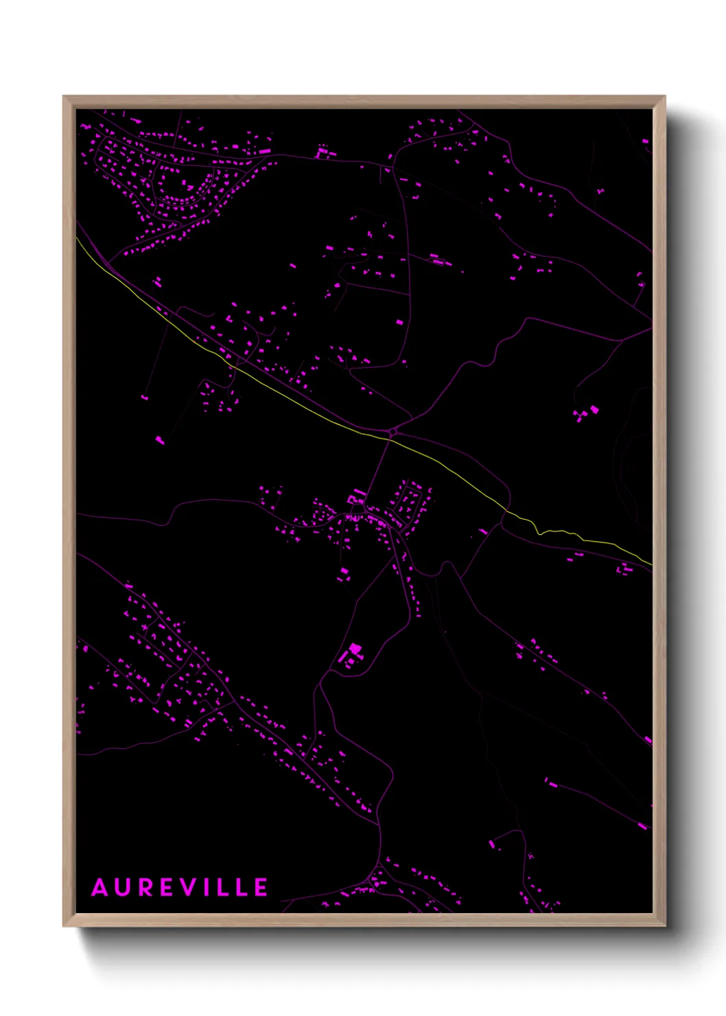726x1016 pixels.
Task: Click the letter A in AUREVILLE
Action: pos(100,888)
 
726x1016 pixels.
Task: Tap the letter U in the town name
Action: pos(122,888)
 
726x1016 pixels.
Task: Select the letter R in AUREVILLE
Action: pos(143,888)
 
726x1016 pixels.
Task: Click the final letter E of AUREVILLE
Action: pos(261,888)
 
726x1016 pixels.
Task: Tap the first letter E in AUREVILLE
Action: pos(165,888)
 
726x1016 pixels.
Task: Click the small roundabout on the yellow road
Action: pos(393,432)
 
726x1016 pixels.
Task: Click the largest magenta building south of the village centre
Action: pos(355,649)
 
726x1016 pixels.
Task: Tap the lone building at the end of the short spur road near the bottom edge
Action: pos(491,843)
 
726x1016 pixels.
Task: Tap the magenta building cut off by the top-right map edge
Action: pos(645,141)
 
